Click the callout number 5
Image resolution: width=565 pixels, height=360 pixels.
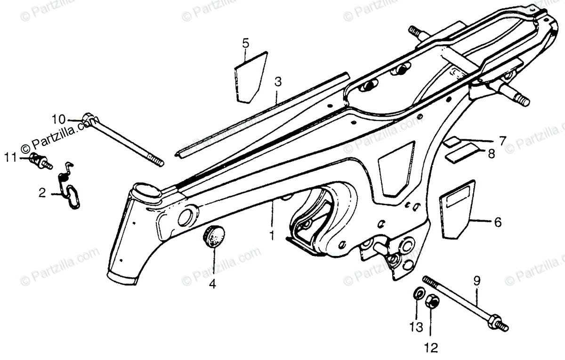pos(246,44)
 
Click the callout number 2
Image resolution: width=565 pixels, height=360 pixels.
pos(42,192)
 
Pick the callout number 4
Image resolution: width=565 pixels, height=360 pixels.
pos(212,284)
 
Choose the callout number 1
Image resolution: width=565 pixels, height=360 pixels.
pos(272,234)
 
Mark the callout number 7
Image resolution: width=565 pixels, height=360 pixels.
pos(502,140)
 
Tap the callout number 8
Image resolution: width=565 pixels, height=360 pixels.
pos(491,154)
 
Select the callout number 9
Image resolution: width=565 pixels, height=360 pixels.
pos(476,281)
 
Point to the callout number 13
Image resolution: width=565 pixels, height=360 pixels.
pos(417,327)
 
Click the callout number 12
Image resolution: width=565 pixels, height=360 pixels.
pos(432,348)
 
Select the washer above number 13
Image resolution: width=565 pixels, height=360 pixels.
pos(417,295)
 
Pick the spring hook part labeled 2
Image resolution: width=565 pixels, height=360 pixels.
pos(70,186)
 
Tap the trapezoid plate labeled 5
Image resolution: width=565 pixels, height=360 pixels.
pos(250,77)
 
